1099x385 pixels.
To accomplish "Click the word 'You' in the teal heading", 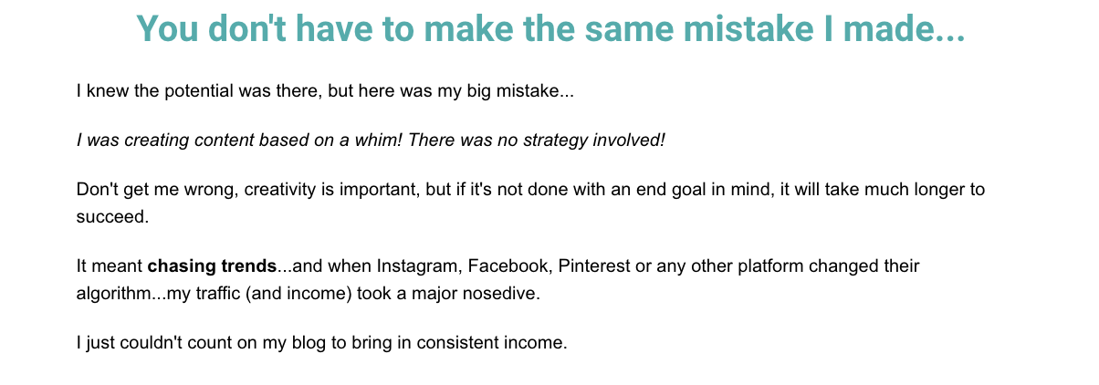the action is (167, 28).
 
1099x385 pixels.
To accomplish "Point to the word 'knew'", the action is (108, 90).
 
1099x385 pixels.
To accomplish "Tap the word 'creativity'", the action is (279, 190).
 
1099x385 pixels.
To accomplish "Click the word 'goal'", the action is (688, 190).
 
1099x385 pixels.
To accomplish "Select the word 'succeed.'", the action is (112, 217).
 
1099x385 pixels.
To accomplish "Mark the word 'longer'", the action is (939, 190).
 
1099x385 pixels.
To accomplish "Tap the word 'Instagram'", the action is (420, 266).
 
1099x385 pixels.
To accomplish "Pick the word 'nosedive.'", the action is (501, 293).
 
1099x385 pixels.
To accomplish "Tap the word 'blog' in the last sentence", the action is (309, 343).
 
